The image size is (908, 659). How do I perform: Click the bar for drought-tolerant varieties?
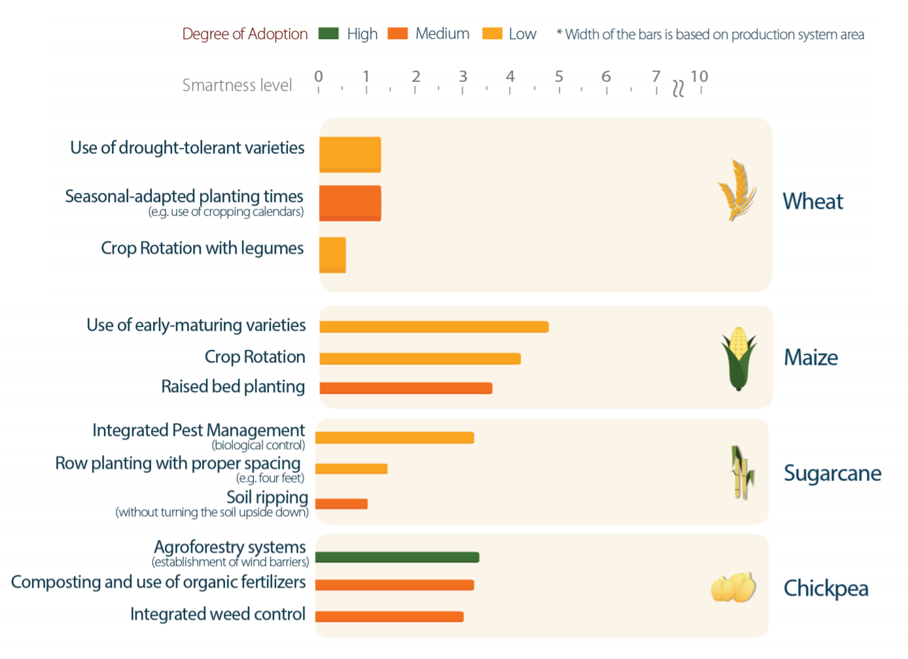350,154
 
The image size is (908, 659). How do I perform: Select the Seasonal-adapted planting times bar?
350,203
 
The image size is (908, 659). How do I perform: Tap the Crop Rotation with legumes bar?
332,255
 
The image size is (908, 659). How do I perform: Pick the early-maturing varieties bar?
434,327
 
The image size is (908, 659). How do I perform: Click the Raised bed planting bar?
406,388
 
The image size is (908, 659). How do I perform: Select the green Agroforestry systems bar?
397,557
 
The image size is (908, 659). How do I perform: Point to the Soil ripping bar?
341,503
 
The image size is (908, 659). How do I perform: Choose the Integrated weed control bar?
389,617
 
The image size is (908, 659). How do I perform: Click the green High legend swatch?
328,33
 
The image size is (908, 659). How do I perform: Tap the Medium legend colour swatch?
398,33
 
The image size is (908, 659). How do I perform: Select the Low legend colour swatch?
492,33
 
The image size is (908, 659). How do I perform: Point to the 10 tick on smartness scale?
699,77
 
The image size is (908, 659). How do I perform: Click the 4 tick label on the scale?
510,77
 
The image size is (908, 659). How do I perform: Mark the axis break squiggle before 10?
678,88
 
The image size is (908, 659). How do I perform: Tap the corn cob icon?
739,358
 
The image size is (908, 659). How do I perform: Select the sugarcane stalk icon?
742,473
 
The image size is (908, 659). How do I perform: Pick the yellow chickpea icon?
733,587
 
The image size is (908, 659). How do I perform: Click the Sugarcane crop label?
832,473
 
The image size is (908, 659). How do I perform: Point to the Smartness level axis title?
237,86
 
